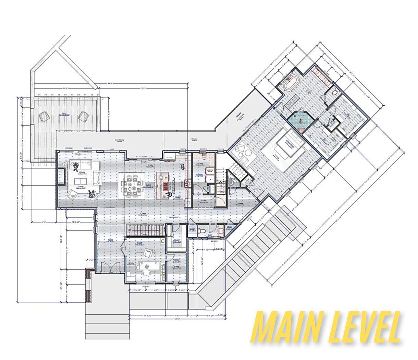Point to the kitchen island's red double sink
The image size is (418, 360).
(x=165, y=186)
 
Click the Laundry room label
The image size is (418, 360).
(x=200, y=175)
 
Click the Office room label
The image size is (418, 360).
(x=140, y=243)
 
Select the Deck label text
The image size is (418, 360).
(x=64, y=114)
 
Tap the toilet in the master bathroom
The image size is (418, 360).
(x=335, y=92)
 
